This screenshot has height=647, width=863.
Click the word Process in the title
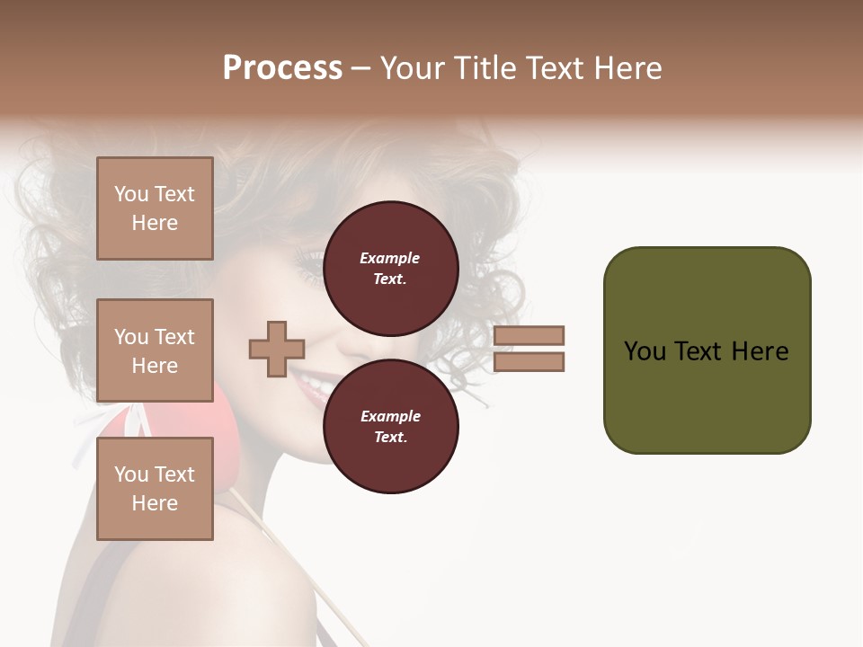click(282, 68)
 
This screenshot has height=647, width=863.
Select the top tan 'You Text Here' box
click(155, 208)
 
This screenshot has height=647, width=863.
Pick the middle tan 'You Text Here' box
click(155, 350)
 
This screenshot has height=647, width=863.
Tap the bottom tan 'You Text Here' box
click(155, 489)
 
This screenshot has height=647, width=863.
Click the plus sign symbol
click(277, 349)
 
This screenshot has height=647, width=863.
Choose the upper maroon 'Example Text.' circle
click(390, 268)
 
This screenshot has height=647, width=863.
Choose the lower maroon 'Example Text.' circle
click(390, 426)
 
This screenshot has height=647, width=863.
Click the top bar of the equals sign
click(529, 335)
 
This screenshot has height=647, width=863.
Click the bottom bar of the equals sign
click(529, 361)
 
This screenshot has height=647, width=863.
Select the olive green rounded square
click(707, 350)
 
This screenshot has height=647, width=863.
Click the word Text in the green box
click(698, 351)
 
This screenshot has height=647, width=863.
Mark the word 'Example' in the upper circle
click(390, 258)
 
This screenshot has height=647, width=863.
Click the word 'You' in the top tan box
click(130, 194)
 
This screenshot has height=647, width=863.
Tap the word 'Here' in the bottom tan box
click(155, 503)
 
